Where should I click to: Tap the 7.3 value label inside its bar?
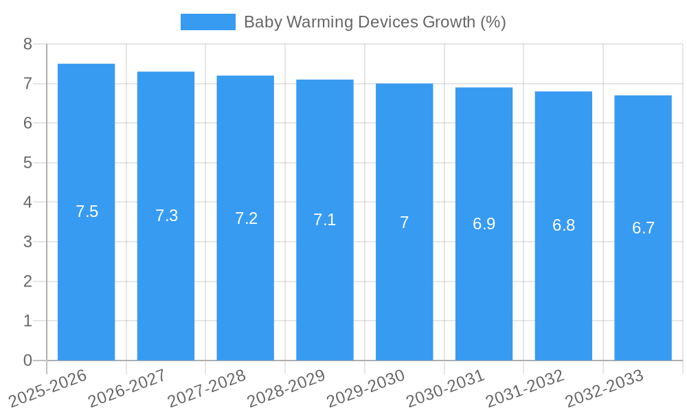click(x=166, y=216)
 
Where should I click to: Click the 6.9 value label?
click(x=484, y=224)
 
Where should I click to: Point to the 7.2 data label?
click(x=246, y=218)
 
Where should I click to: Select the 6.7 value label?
click(x=643, y=228)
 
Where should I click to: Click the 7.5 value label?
click(x=87, y=211)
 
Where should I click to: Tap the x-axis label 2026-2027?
click(x=127, y=387)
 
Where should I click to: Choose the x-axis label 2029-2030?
click(x=365, y=387)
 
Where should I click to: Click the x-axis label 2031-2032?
click(x=525, y=387)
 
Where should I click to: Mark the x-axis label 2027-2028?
click(x=207, y=387)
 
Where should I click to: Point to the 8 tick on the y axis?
click(x=27, y=44)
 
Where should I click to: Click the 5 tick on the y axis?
click(x=27, y=163)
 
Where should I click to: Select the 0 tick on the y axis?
click(x=27, y=360)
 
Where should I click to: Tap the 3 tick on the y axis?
click(x=27, y=242)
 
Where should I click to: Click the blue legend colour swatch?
click(x=207, y=22)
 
